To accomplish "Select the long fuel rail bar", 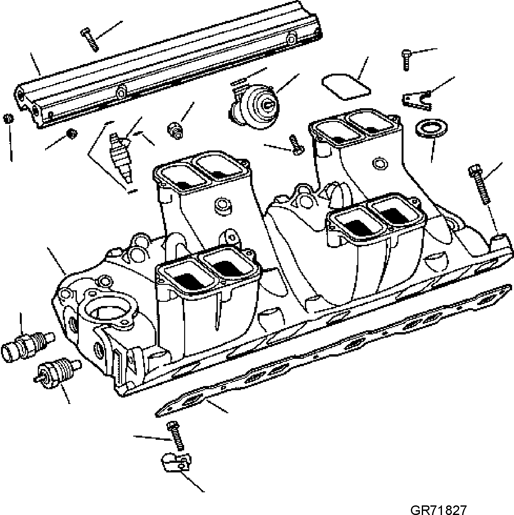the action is [x=168, y=64].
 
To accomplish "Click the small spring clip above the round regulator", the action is [x=239, y=82].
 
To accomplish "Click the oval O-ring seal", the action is [x=431, y=129].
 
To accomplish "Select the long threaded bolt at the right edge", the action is [x=479, y=184].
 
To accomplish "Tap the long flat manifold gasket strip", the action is [x=333, y=350].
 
